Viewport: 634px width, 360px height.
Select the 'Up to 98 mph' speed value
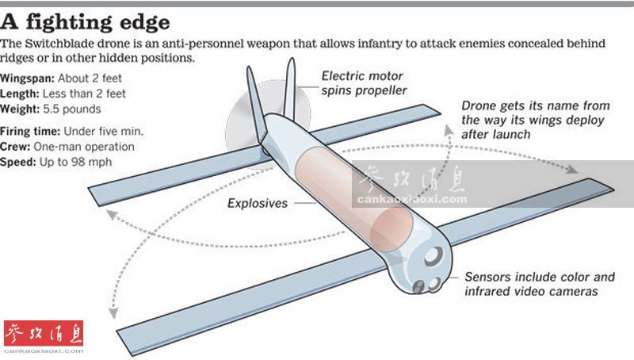click(77, 161)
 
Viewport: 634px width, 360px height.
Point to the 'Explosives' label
click(258, 203)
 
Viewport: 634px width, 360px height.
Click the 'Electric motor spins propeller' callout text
click(364, 83)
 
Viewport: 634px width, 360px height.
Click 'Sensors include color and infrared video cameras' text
click(539, 284)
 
